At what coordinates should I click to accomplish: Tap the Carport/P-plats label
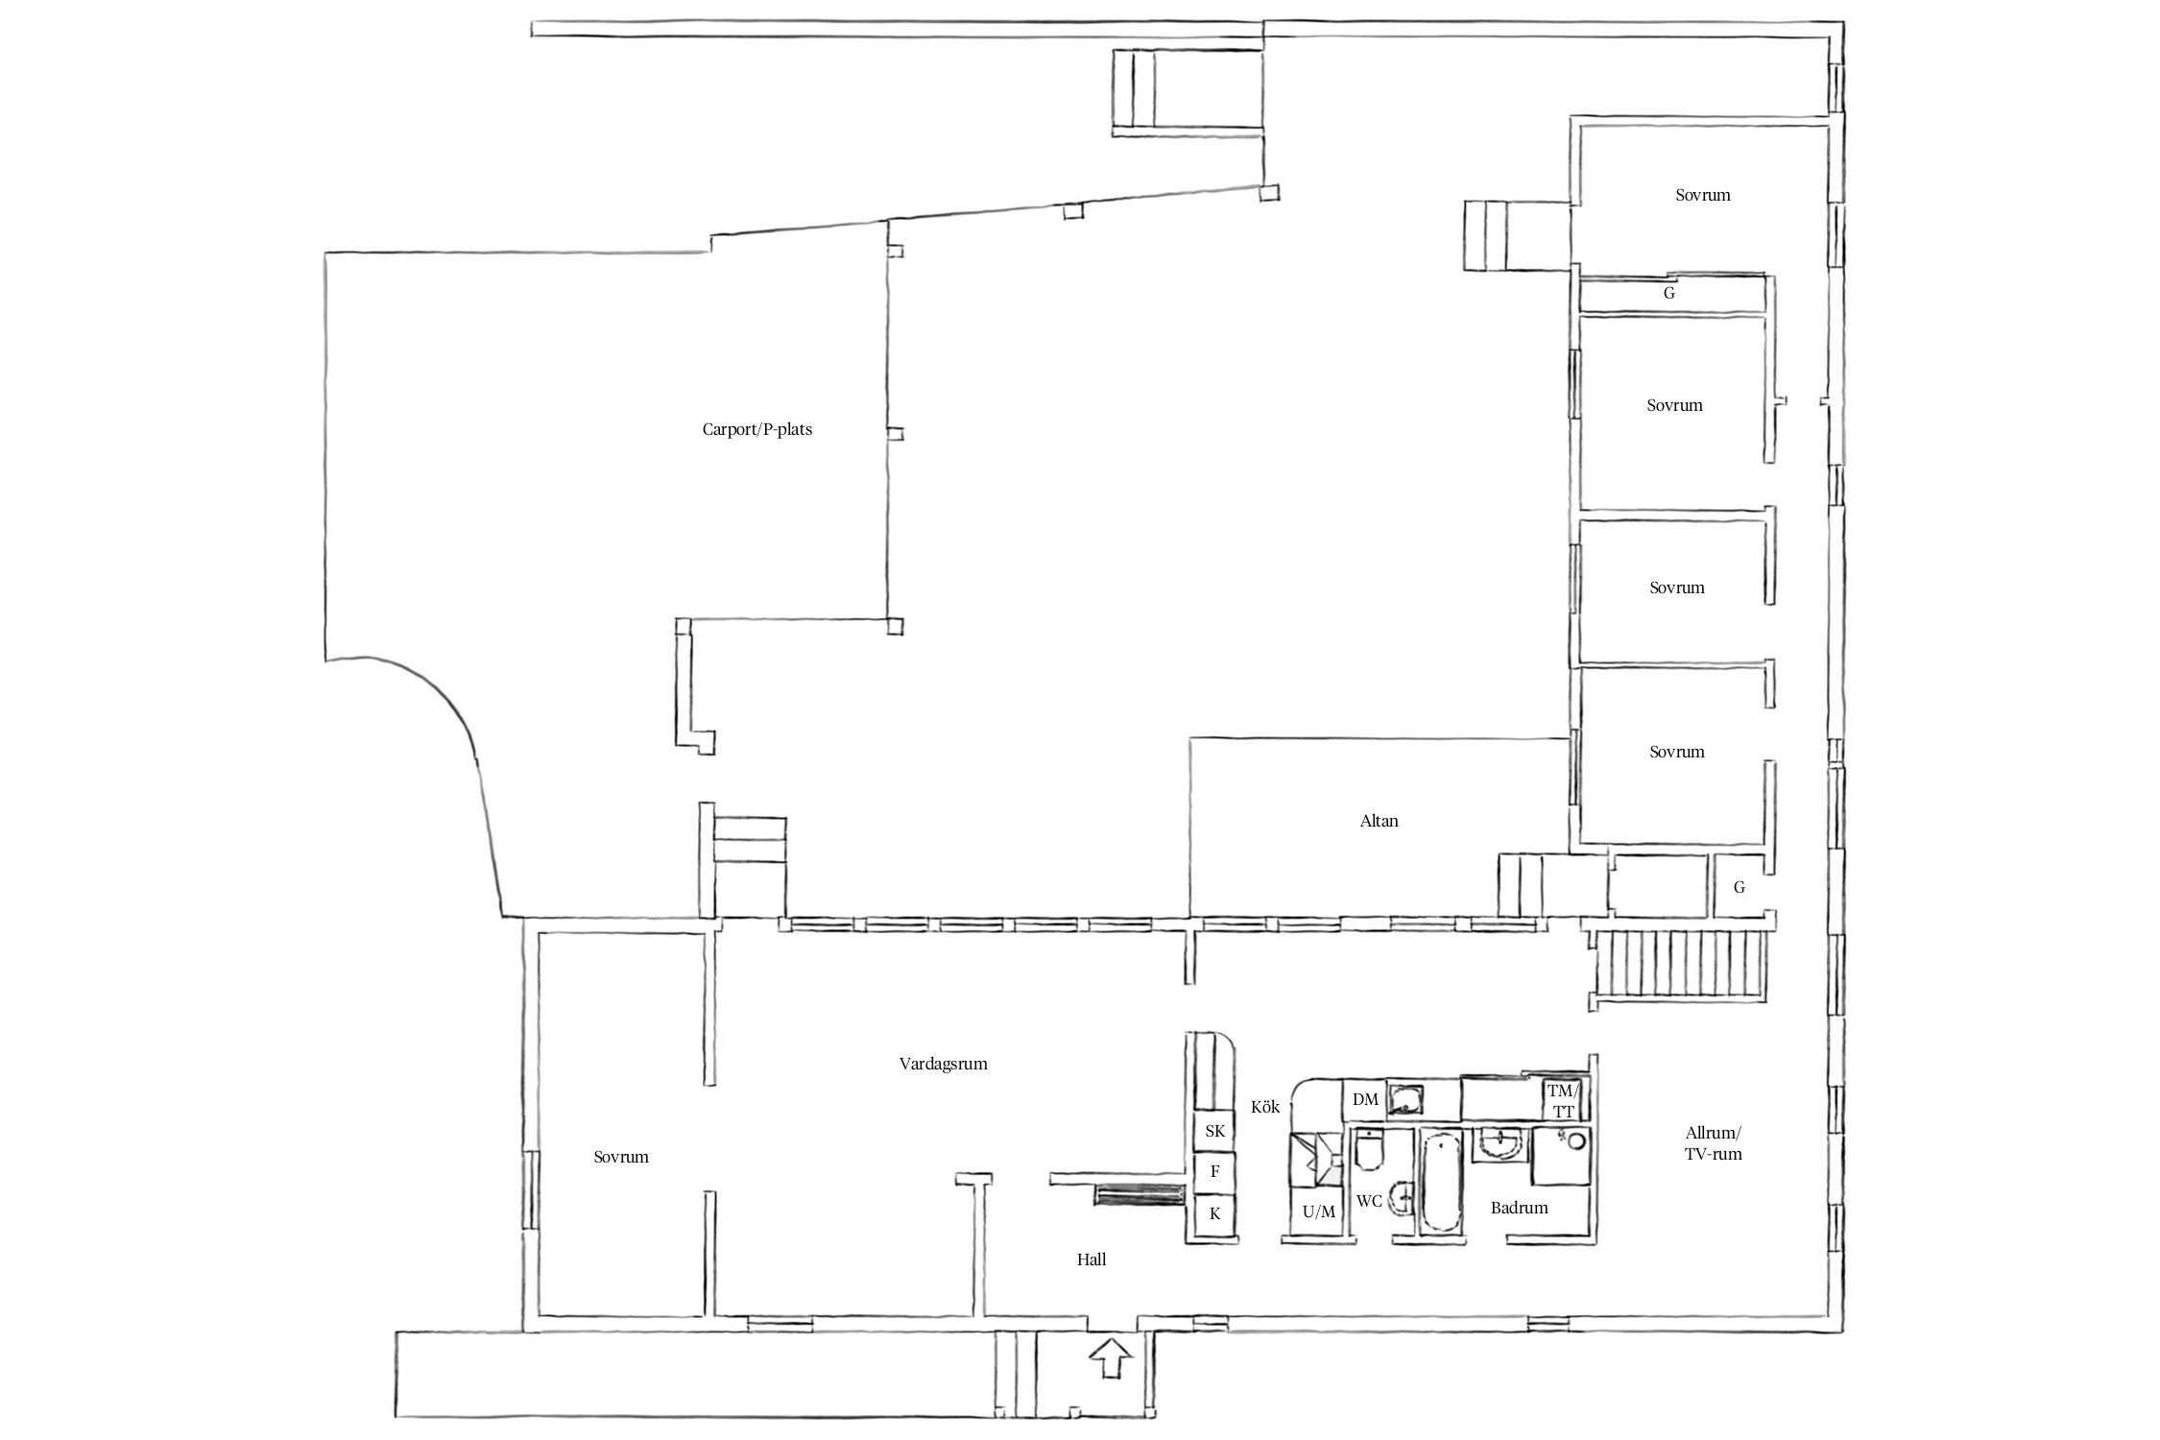(x=756, y=429)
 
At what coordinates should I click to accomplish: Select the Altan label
(x=1379, y=821)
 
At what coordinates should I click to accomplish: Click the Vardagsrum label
(x=943, y=1064)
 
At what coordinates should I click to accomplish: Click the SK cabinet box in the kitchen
(x=1214, y=1131)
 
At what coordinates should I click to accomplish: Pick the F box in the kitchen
(x=1214, y=1171)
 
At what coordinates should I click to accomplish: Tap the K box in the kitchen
(x=1214, y=1213)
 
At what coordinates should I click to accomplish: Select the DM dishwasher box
(x=1365, y=1100)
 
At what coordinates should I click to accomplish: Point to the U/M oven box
(x=1318, y=1212)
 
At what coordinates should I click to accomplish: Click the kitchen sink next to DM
(x=1407, y=1099)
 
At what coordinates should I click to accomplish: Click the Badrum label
(x=1519, y=1208)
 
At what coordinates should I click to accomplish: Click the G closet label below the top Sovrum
(x=1668, y=294)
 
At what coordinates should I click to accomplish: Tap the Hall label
(x=1091, y=1260)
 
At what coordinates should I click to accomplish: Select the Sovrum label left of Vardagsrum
(x=620, y=1157)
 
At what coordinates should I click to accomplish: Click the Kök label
(x=1265, y=1107)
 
